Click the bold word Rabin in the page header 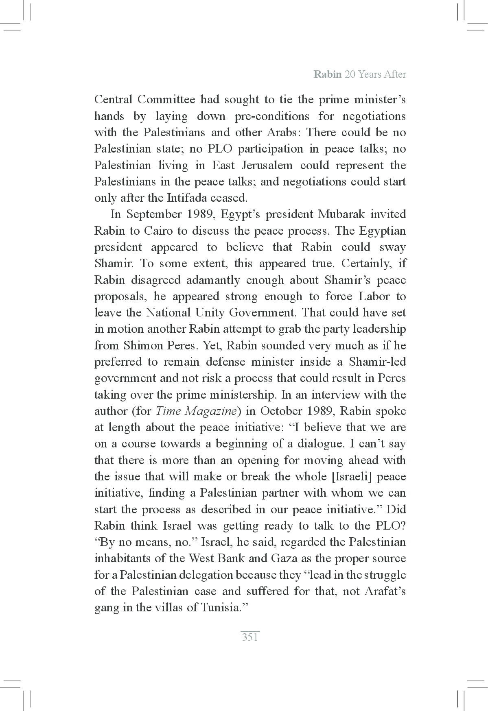tap(328, 74)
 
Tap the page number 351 tap(250, 637)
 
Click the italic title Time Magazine tap(196, 411)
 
